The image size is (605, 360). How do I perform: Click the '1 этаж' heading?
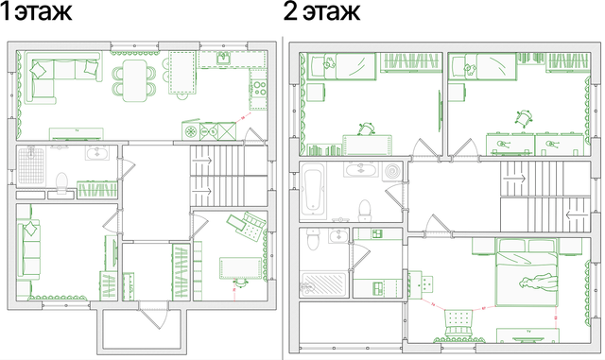coord(36,11)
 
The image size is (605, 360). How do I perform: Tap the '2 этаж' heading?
coord(321,11)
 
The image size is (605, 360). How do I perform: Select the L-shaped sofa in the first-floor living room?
coord(61,77)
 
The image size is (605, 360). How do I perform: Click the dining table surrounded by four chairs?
coord(134,80)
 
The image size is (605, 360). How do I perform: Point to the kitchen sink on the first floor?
coord(224,58)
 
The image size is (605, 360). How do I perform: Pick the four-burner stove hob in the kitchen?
coord(259,88)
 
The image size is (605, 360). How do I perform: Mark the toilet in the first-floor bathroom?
coord(61,182)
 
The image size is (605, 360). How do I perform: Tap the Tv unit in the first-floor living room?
coord(77,133)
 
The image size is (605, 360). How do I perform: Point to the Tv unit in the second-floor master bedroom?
coord(527,334)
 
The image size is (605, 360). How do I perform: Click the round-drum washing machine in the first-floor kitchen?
coord(191,131)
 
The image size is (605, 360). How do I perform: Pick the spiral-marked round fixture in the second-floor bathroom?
coord(393,171)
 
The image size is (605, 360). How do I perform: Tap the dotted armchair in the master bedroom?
coord(458,323)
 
